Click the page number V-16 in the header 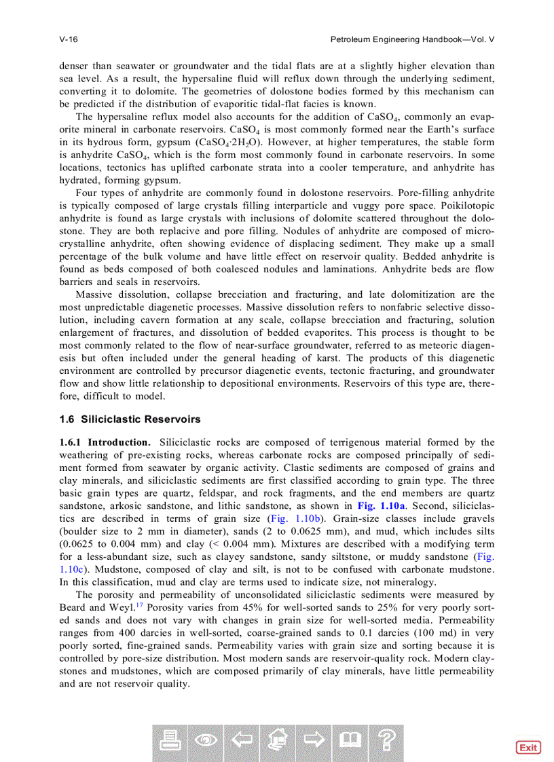point(69,39)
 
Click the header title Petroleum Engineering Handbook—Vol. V point(412,39)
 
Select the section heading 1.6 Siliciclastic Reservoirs point(130,419)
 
